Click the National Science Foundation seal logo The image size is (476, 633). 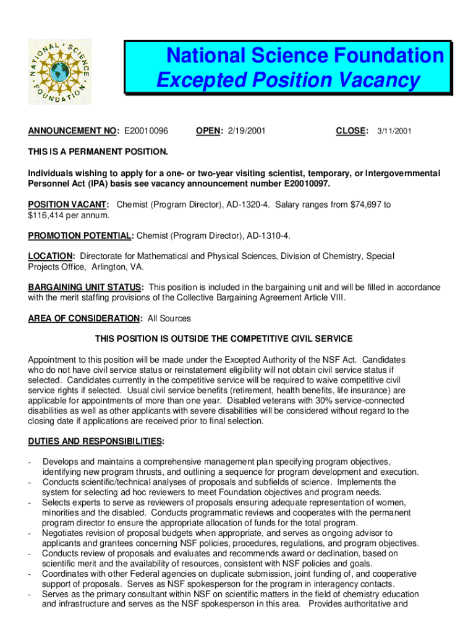59,71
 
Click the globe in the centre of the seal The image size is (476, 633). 59,71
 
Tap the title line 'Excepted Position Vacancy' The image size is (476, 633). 288,80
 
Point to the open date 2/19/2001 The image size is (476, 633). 247,131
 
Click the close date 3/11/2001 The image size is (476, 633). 394,131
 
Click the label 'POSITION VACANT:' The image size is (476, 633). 69,205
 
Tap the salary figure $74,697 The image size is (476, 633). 366,205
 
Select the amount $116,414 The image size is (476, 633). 48,215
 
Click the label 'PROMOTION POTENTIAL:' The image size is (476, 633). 80,236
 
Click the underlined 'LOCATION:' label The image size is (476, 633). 52,256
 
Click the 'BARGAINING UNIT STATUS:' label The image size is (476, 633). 86,287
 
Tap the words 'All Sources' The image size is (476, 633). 169,318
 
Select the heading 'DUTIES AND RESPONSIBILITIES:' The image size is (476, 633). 96,441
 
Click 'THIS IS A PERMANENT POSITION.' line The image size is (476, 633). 98,151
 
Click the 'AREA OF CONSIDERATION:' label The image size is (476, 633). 85,318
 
